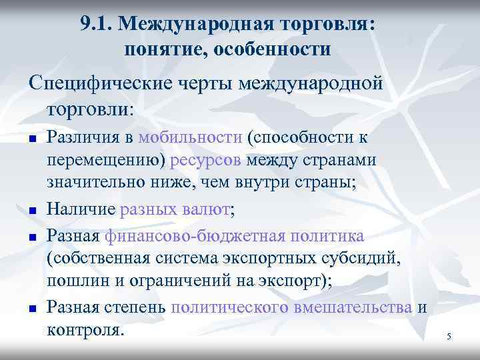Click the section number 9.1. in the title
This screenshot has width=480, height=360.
[98, 25]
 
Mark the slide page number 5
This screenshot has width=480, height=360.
[449, 337]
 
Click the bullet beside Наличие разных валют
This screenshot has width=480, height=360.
[31, 211]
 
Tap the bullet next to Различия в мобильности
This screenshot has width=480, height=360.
[31, 139]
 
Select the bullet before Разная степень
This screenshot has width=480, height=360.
[31, 308]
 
